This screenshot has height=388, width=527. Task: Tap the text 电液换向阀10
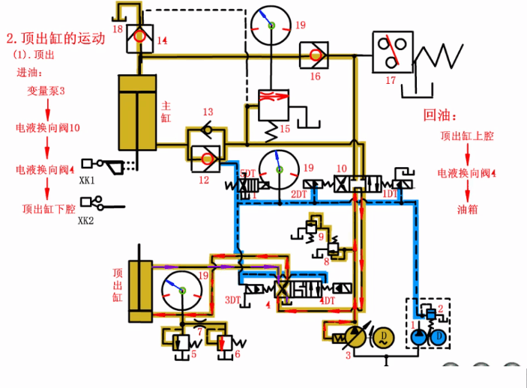coord(48,129)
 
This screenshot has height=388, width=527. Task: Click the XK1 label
coord(88,180)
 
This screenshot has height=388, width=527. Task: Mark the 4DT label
coord(327,300)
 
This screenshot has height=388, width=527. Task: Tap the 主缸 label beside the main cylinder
coord(166,112)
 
